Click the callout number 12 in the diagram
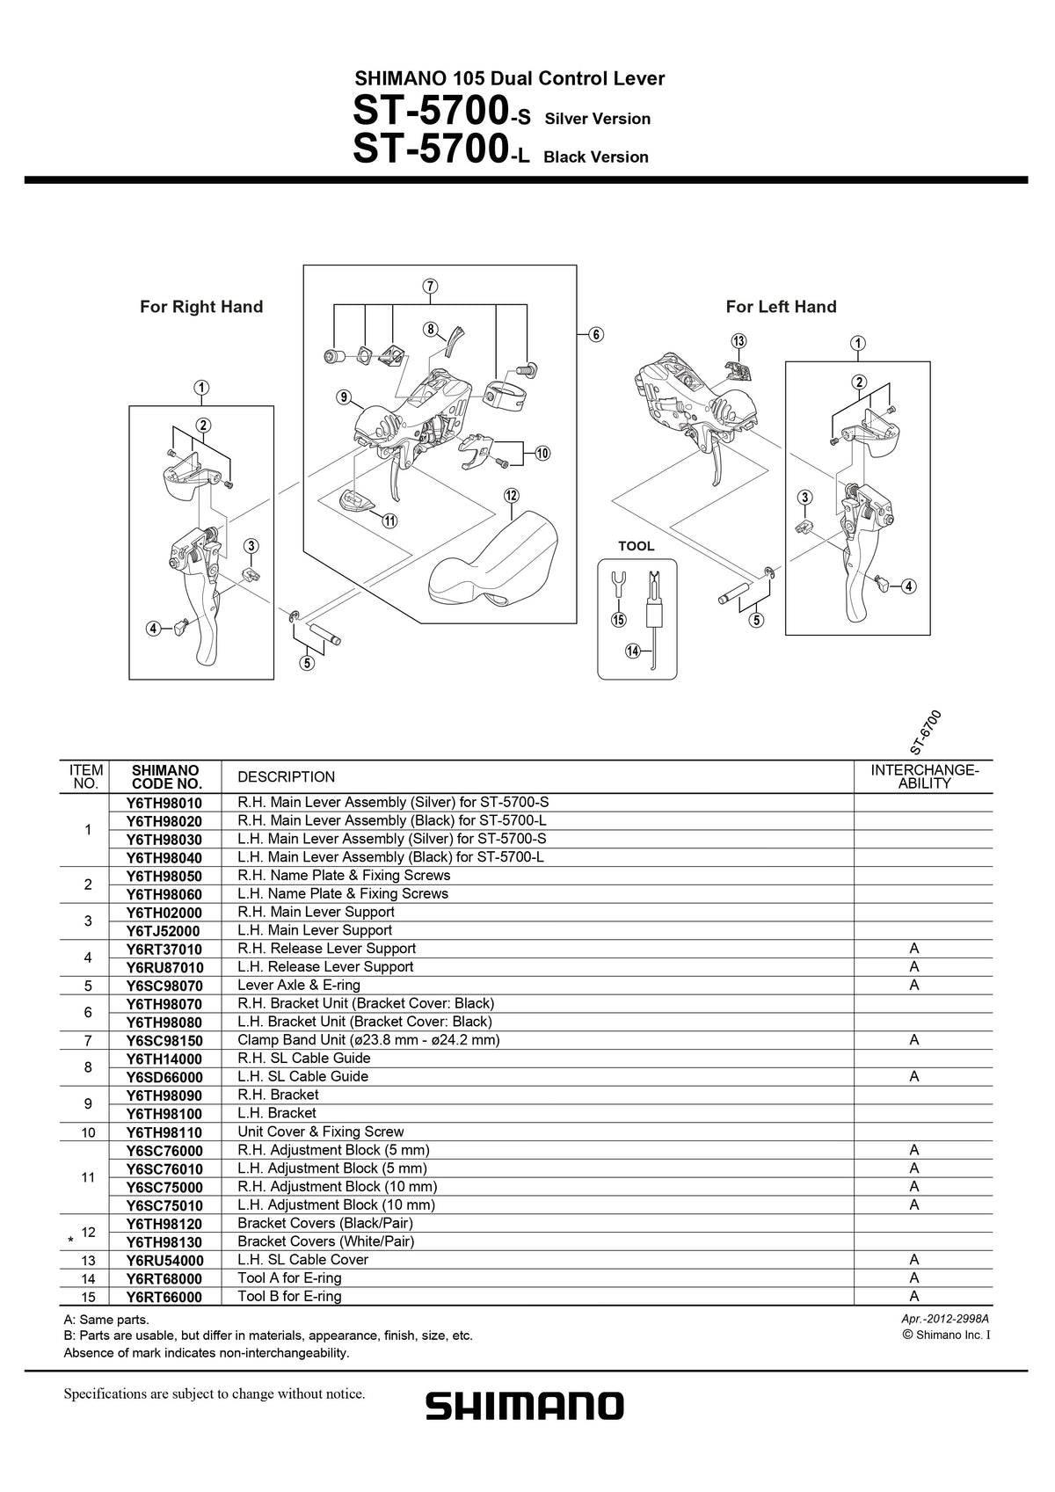(511, 496)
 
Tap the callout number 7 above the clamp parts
(430, 287)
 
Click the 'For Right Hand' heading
(201, 306)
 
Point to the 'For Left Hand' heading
(781, 306)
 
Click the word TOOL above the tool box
(636, 546)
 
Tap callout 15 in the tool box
(619, 620)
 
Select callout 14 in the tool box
(633, 651)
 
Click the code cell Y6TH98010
(164, 804)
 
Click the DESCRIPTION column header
(287, 776)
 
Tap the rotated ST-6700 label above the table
(926, 732)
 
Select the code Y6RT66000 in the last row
(164, 1297)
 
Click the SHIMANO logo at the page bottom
(525, 1406)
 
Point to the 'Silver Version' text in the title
(598, 119)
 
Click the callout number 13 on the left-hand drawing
(738, 341)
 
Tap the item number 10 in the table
(88, 1132)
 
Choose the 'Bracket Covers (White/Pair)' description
(325, 1241)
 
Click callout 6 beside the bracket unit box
(596, 334)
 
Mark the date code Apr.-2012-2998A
(945, 1319)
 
